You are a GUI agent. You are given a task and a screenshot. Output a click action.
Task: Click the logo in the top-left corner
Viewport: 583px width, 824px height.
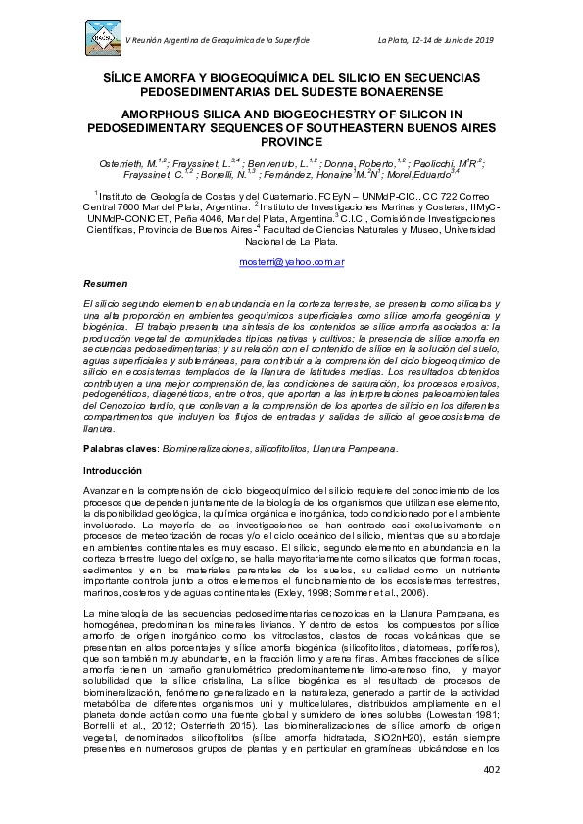pyautogui.click(x=103, y=37)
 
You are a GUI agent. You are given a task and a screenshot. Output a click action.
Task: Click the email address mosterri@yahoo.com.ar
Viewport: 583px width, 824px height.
pyautogui.click(x=291, y=262)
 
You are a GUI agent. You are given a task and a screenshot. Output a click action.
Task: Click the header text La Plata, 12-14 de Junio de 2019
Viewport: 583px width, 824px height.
pyautogui.click(x=449, y=39)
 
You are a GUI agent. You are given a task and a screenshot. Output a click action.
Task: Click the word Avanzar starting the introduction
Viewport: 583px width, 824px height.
pyautogui.click(x=101, y=490)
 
